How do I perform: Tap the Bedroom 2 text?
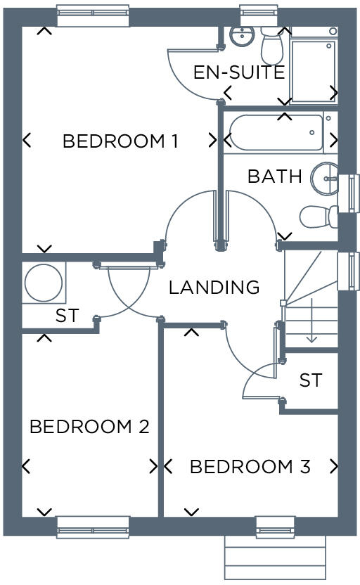pyautogui.click(x=89, y=427)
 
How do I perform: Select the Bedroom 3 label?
pyautogui.click(x=250, y=467)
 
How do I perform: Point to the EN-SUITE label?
pyautogui.click(x=239, y=72)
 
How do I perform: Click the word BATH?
pyautogui.click(x=274, y=176)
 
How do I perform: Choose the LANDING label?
pyautogui.click(x=214, y=287)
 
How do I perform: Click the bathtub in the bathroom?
pyautogui.click(x=274, y=132)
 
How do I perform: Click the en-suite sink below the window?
pyautogui.click(x=242, y=34)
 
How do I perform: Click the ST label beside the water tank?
pyautogui.click(x=67, y=316)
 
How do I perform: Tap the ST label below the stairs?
pyautogui.click(x=310, y=380)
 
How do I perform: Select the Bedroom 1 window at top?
pyautogui.click(x=93, y=15)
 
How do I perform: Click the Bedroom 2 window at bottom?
pyautogui.click(x=93, y=527)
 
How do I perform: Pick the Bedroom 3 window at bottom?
pyautogui.click(x=275, y=527)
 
